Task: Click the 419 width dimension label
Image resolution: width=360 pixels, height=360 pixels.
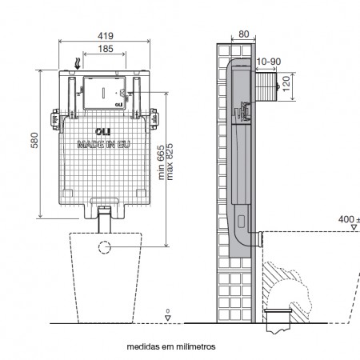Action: click(106, 36)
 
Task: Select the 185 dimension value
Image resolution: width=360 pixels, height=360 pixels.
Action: click(106, 49)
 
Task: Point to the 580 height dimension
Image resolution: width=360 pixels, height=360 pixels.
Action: click(34, 140)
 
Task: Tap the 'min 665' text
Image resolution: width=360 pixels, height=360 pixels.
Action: click(162, 162)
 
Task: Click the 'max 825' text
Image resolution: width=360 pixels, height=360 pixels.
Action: click(170, 162)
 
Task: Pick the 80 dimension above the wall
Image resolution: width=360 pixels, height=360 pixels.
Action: click(244, 34)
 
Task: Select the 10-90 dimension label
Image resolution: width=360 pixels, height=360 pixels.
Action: click(269, 62)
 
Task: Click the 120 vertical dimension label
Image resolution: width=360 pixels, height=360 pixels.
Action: click(286, 84)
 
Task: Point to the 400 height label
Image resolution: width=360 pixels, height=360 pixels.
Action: click(346, 219)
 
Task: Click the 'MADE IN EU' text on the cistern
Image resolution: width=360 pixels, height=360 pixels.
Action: click(103, 145)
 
